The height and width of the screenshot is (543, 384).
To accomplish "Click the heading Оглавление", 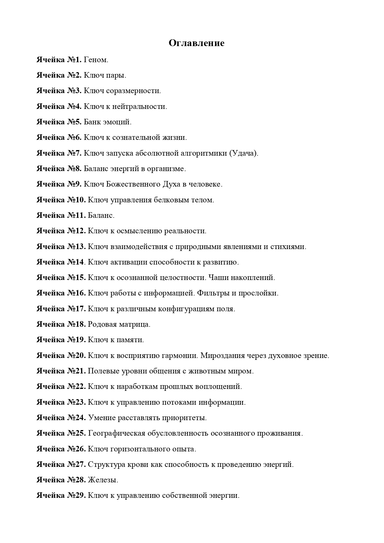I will point(196,43).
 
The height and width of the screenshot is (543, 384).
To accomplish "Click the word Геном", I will point(96,60).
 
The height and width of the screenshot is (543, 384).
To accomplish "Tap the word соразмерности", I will point(133,91).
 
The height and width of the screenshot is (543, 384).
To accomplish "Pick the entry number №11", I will point(76,215).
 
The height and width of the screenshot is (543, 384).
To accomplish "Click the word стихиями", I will point(288,247).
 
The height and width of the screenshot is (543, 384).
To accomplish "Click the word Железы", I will point(103,480).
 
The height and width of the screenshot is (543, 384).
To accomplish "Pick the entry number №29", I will point(76,496).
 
